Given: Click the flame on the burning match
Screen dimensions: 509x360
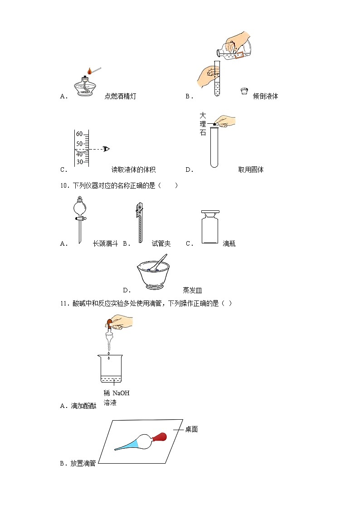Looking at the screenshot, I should click(90, 71).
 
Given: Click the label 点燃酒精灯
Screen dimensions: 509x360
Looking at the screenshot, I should click(120, 96).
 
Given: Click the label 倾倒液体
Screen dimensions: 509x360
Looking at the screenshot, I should click(265, 96).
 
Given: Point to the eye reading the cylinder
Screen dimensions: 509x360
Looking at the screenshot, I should click(107, 149).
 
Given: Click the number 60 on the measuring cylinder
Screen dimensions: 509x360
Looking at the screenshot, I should click(79, 134).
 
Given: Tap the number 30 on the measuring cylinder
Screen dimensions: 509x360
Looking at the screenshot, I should click(79, 162).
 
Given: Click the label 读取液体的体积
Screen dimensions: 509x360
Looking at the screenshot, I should click(133, 170).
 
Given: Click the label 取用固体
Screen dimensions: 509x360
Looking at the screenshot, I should click(251, 170).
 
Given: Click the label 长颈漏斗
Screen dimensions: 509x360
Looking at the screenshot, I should click(105, 244).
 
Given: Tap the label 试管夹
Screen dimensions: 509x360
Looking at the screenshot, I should click(161, 244).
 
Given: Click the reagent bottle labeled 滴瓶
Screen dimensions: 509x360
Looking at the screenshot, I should click(210, 227).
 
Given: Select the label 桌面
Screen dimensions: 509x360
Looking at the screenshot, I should click(191, 429).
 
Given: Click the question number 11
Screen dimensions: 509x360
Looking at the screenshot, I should click(63, 303).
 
